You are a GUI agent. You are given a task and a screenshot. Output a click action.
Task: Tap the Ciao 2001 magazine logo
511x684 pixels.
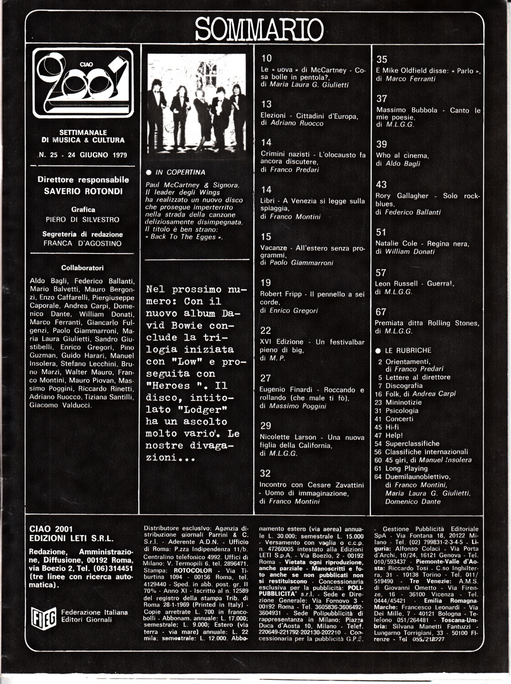click(83, 83)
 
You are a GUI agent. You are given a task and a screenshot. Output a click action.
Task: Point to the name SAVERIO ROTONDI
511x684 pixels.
click(83, 191)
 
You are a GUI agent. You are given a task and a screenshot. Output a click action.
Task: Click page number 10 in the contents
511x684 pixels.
click(266, 58)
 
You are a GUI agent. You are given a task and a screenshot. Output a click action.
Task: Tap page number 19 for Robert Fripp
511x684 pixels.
click(266, 283)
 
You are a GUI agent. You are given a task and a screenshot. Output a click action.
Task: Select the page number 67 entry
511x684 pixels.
click(381, 312)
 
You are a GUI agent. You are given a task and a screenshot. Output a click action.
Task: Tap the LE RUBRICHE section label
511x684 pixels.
click(408, 351)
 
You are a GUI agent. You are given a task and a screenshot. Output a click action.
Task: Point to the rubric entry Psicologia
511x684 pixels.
click(401, 410)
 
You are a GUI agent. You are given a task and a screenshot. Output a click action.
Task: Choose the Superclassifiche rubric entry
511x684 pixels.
click(412, 443)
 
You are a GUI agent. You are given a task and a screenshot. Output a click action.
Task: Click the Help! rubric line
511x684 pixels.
click(394, 435)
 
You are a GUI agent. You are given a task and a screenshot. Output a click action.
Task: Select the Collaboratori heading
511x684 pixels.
click(83, 268)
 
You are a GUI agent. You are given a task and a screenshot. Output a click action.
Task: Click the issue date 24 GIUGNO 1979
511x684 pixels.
click(97, 155)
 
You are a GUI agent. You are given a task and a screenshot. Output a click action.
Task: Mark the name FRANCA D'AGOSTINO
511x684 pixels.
click(83, 244)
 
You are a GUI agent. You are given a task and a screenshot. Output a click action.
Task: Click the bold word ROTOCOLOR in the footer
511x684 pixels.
click(193, 570)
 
